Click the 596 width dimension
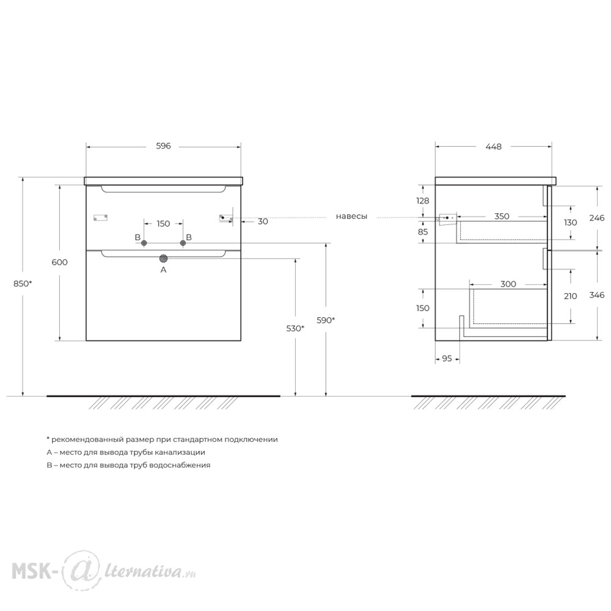click(x=163, y=146)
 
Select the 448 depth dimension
click(x=493, y=147)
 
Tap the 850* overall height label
click(x=23, y=284)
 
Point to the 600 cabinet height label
click(x=60, y=262)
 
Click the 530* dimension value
click(x=295, y=329)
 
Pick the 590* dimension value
click(x=326, y=320)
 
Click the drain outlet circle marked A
click(x=163, y=258)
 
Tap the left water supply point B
click(x=144, y=243)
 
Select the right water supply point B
click(x=183, y=243)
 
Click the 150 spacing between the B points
click(x=163, y=224)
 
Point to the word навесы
click(x=351, y=216)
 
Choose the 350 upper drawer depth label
click(x=502, y=216)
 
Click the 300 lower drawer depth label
click(x=508, y=284)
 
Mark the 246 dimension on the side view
click(x=597, y=218)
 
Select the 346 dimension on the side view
click(x=597, y=295)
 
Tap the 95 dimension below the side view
click(x=447, y=358)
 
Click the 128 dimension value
click(x=422, y=200)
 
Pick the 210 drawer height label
click(x=571, y=296)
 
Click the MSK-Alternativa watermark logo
click(x=104, y=570)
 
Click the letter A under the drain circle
click(x=163, y=269)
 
